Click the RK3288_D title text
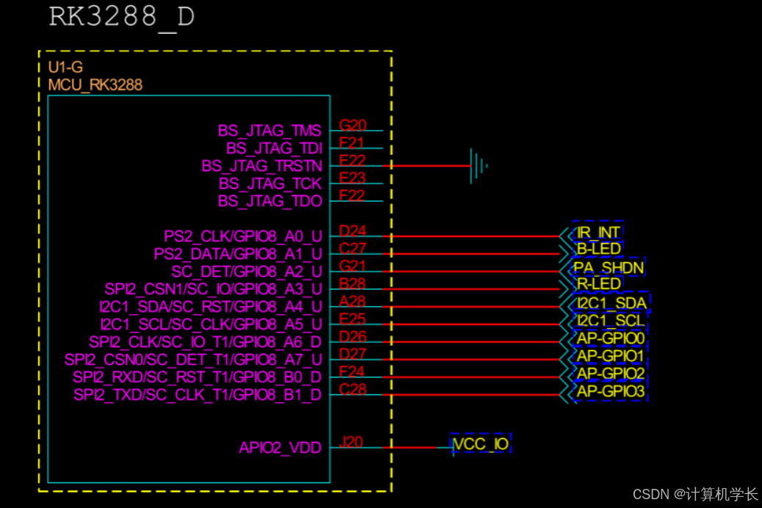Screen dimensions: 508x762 coord(121,17)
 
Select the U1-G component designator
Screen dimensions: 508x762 coord(65,68)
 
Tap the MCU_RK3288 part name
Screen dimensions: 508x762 coord(95,85)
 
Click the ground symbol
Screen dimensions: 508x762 coord(479,165)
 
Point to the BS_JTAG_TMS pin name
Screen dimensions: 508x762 coord(269,131)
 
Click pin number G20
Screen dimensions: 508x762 coord(352,125)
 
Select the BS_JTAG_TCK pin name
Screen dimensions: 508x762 coord(270,184)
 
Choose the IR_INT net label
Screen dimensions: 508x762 coord(598,232)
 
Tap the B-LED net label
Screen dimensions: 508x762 coord(598,249)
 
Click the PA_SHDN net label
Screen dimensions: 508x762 coord(609,267)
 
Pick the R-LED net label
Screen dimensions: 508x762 coord(598,284)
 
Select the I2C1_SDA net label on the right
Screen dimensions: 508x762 coord(611,302)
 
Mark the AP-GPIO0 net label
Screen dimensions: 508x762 coord(611,338)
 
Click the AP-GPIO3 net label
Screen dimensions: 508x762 coord(611,392)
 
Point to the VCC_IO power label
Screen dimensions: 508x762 coord(481,443)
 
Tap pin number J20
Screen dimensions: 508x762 coord(351,442)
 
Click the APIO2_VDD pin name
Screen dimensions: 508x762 coord(280,448)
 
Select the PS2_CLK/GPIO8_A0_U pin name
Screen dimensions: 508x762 coord(242,236)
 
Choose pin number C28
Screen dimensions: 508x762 coord(352,389)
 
